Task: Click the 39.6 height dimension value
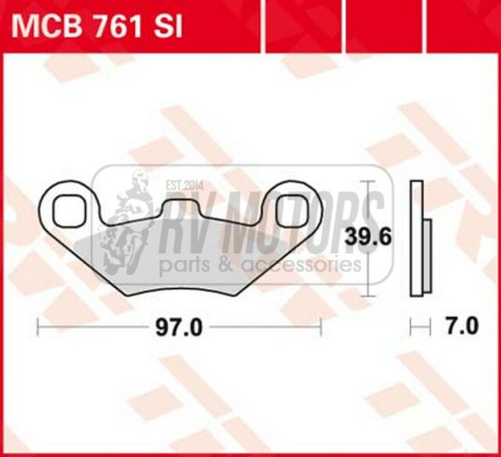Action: click(x=369, y=237)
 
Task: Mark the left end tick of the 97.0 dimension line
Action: click(x=38, y=328)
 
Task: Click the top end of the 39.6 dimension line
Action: click(x=368, y=182)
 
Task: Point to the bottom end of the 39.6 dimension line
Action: click(x=368, y=294)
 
